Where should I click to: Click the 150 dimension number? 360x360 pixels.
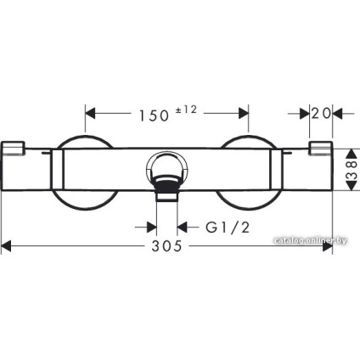[x=155, y=115]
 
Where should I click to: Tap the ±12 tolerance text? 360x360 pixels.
[x=186, y=110]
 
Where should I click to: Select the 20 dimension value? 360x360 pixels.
[x=321, y=114]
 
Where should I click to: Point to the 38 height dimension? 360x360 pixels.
[x=352, y=170]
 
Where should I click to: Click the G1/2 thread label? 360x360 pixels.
[x=228, y=227]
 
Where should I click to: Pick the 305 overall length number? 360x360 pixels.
[x=166, y=246]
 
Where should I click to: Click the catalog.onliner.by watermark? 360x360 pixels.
[x=310, y=240]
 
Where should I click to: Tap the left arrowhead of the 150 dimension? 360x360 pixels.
[x=90, y=114]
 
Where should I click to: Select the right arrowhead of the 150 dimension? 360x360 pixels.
[x=244, y=114]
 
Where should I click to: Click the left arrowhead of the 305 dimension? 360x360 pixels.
[x=7, y=246]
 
